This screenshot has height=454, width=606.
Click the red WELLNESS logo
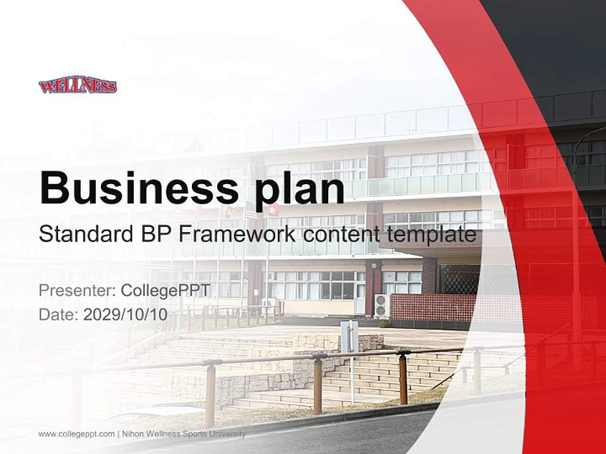(x=78, y=86)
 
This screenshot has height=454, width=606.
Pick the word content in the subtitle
(x=339, y=235)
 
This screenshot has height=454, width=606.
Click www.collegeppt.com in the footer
(x=76, y=434)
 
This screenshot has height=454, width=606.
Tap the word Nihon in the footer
(x=133, y=434)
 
